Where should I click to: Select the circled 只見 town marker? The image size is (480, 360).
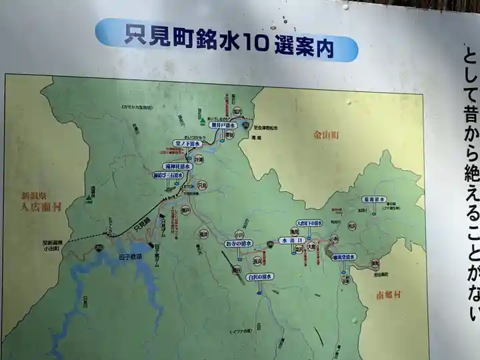tap(202, 185)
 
